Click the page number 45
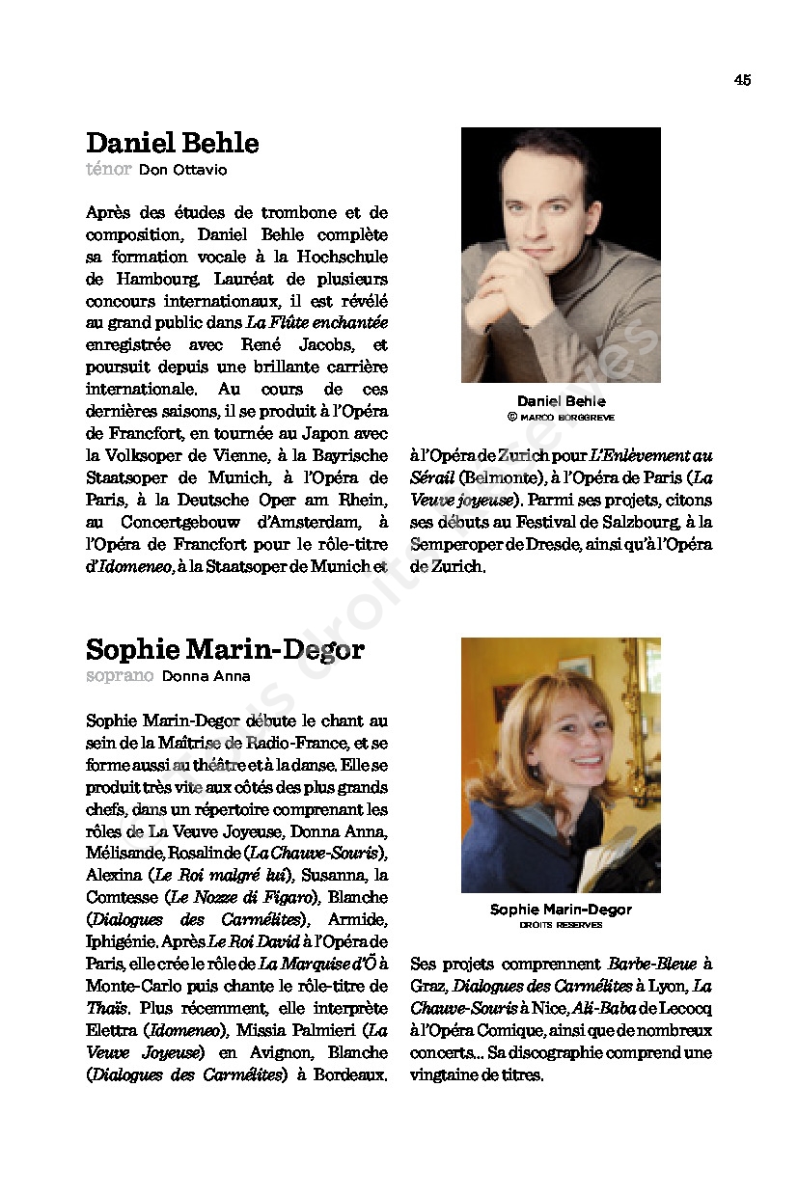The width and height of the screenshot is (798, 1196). (741, 80)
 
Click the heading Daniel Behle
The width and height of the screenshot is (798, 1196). (172, 143)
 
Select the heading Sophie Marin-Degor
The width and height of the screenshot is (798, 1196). (225, 649)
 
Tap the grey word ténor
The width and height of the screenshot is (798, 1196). (108, 170)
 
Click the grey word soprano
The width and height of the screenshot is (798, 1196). (120, 676)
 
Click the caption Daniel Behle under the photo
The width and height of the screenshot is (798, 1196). (561, 401)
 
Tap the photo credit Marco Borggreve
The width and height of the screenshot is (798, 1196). (566, 418)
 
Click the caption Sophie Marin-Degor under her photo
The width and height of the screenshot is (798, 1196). (561, 910)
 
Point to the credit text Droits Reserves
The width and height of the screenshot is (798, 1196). (561, 925)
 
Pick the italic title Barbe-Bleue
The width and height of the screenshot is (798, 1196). (651, 964)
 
